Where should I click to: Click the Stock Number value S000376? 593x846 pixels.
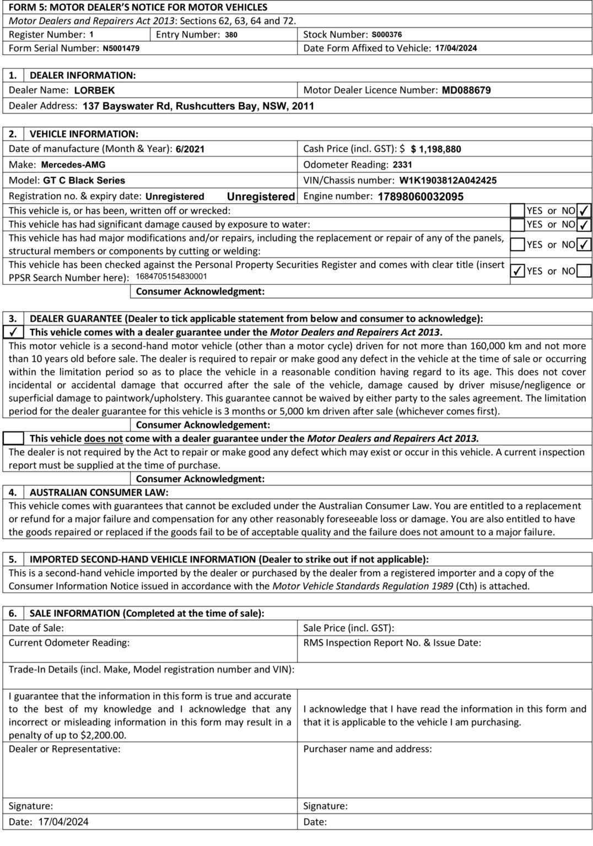point(386,35)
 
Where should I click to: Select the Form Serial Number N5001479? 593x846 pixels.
point(121,48)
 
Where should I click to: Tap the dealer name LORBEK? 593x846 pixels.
point(94,90)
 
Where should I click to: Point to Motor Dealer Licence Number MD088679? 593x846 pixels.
point(466,90)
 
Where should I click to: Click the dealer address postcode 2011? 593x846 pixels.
point(303,106)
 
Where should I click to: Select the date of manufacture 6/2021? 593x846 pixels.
point(190,149)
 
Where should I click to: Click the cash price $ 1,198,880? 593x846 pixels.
point(436,149)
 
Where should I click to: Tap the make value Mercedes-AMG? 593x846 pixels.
point(73,165)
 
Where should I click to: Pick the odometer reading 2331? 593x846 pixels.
point(402,165)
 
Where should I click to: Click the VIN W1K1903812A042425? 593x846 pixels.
point(448,181)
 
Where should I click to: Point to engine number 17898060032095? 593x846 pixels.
point(421,197)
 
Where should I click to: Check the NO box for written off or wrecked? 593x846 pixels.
point(584,210)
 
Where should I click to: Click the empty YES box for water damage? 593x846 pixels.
point(517,225)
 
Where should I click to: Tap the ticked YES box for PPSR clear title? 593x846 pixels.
point(517,271)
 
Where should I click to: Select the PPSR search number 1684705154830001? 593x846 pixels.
point(171,276)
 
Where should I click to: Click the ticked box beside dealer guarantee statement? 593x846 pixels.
point(13,332)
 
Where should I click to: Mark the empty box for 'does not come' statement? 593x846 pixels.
point(13,438)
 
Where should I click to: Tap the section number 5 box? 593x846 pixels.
point(13,560)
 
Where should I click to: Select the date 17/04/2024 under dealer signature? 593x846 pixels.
point(63,822)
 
